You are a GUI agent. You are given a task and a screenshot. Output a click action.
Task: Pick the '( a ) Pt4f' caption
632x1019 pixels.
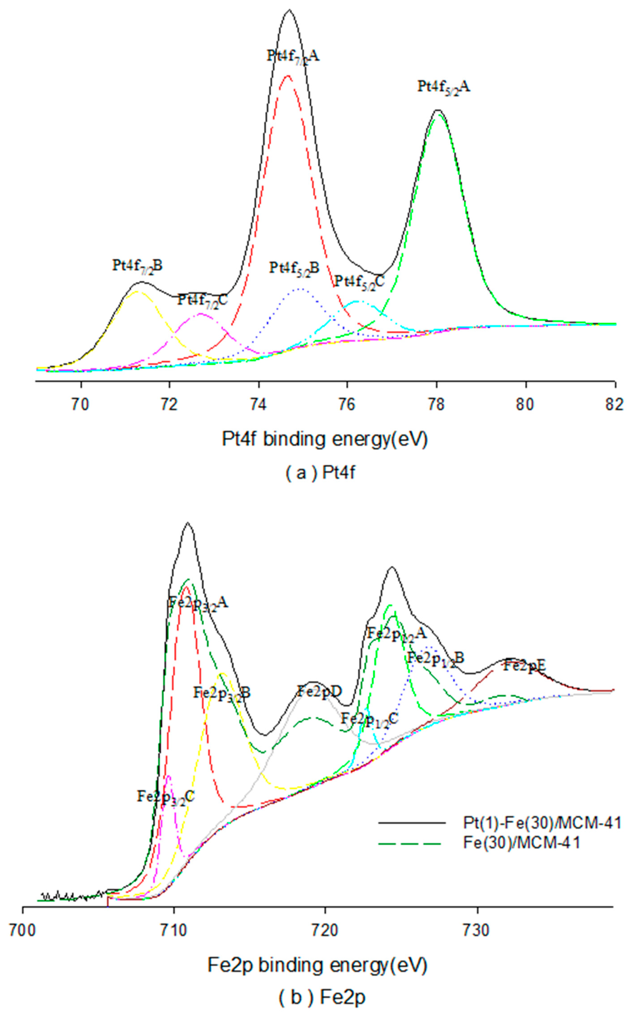click(321, 473)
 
